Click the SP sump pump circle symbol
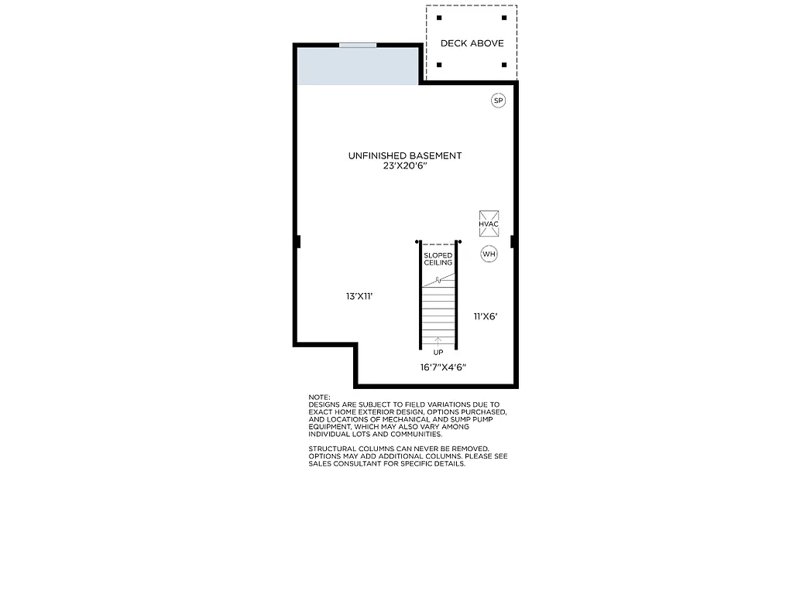click(498, 101)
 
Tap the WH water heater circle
click(489, 254)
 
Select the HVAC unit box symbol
click(489, 223)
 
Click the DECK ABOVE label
click(472, 43)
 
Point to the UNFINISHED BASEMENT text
click(404, 155)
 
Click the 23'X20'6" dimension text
click(404, 166)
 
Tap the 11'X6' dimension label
click(486, 316)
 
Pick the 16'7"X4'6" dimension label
click(443, 367)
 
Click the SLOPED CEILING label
click(438, 259)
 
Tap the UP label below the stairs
click(438, 353)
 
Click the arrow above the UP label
click(438, 341)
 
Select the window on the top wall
click(358, 45)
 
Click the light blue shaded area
click(358, 67)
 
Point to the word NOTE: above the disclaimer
click(319, 397)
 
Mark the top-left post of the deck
click(439, 17)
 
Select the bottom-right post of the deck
click(504, 65)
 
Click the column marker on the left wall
click(297, 242)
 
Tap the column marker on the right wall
click(513, 242)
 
